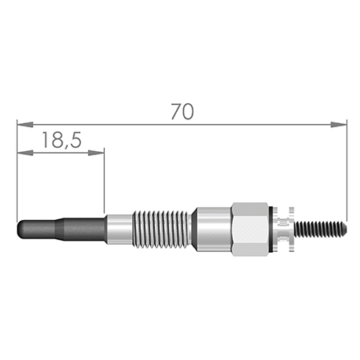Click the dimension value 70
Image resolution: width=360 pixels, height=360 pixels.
(182, 112)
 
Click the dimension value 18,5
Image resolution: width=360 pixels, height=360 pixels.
(62, 140)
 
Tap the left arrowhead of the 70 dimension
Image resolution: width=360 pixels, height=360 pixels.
(25, 124)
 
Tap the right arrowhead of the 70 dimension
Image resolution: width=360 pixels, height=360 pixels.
(338, 124)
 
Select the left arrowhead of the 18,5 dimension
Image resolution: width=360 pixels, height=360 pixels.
(25, 153)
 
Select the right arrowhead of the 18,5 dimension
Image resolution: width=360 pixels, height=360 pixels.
(96, 153)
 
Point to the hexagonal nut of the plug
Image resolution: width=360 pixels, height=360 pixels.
(250, 230)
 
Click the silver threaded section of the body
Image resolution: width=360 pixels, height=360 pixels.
(162, 230)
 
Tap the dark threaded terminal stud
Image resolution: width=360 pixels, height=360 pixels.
(321, 230)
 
